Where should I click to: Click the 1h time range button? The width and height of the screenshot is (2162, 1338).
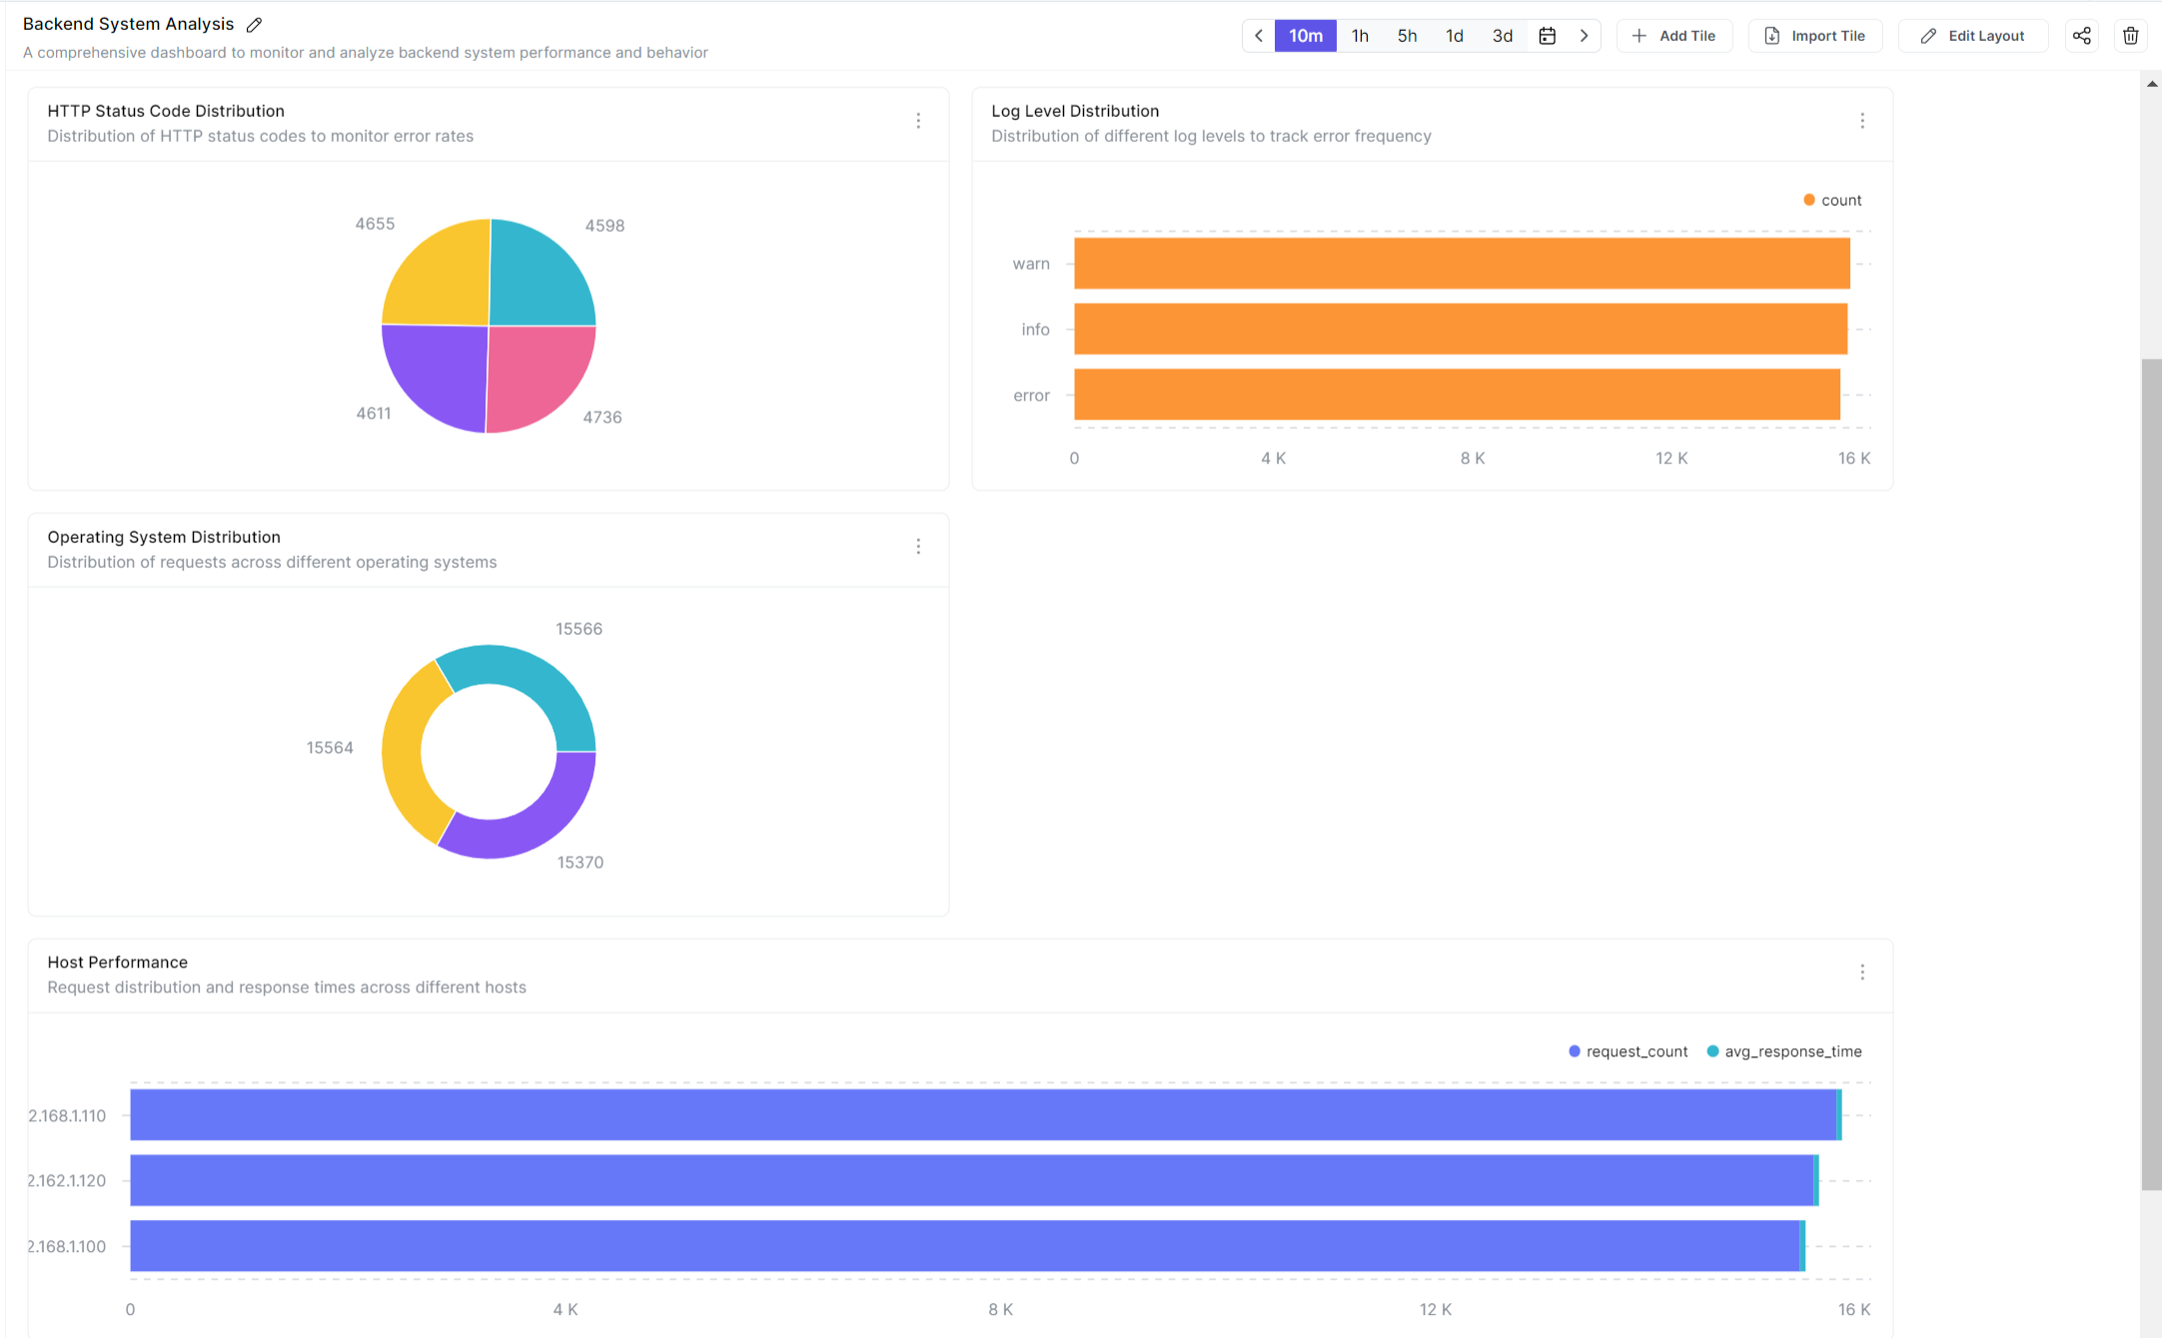coord(1360,36)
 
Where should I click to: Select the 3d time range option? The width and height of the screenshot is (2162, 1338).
coord(1502,36)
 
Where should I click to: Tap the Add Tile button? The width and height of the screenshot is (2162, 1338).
coord(1674,36)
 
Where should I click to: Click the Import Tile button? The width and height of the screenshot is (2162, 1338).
coord(1815,36)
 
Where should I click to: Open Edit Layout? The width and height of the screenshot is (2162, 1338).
coord(1973,36)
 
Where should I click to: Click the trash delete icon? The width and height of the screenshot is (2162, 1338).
coord(2130,36)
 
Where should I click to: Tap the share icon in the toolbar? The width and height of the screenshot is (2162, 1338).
coord(2081,36)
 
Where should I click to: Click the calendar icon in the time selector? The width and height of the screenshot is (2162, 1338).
coord(1547,36)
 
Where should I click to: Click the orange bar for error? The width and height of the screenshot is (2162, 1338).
coord(1456,395)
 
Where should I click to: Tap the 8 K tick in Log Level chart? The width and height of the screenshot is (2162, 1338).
coord(1472,458)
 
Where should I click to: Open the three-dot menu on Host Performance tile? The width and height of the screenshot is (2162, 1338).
coord(1862,972)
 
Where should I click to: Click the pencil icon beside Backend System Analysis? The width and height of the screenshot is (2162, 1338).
coord(255,25)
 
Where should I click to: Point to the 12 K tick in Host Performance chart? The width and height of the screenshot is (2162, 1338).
coord(1435,1309)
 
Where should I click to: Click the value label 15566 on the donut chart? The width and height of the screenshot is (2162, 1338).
coord(579,629)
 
